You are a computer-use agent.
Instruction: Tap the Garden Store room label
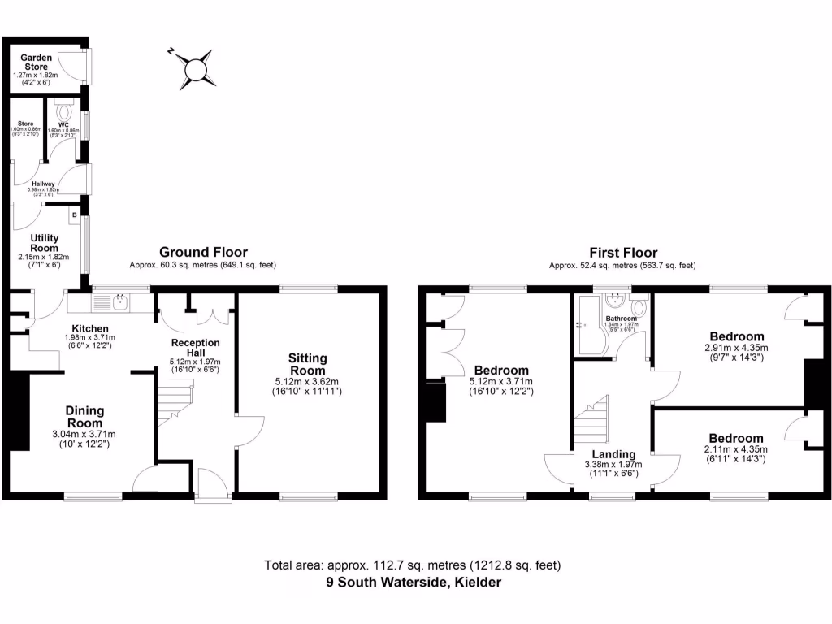(x=37, y=62)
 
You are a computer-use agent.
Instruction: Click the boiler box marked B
(x=75, y=215)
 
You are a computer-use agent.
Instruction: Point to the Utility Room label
(x=45, y=242)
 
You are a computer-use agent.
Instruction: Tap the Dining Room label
(x=84, y=418)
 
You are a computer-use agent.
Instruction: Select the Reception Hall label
(x=195, y=348)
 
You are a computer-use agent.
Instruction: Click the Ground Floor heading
(x=203, y=253)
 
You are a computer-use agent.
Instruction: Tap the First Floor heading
(x=623, y=253)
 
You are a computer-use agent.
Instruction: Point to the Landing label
(x=613, y=454)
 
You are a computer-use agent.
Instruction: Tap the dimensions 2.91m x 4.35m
(x=737, y=349)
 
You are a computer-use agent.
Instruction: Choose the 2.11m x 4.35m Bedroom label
(x=737, y=439)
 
